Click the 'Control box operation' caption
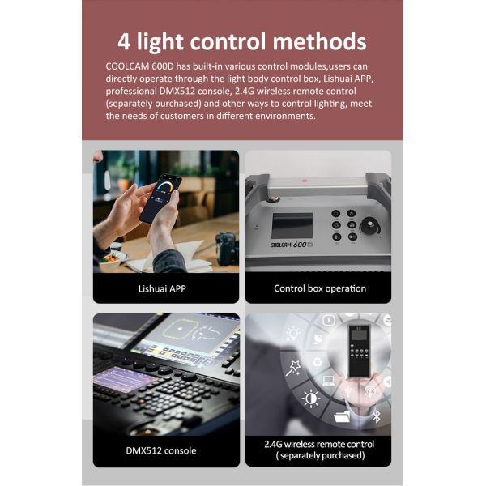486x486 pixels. coord(319,288)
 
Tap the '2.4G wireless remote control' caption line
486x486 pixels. coord(319,444)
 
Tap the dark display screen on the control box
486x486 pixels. coord(292,227)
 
